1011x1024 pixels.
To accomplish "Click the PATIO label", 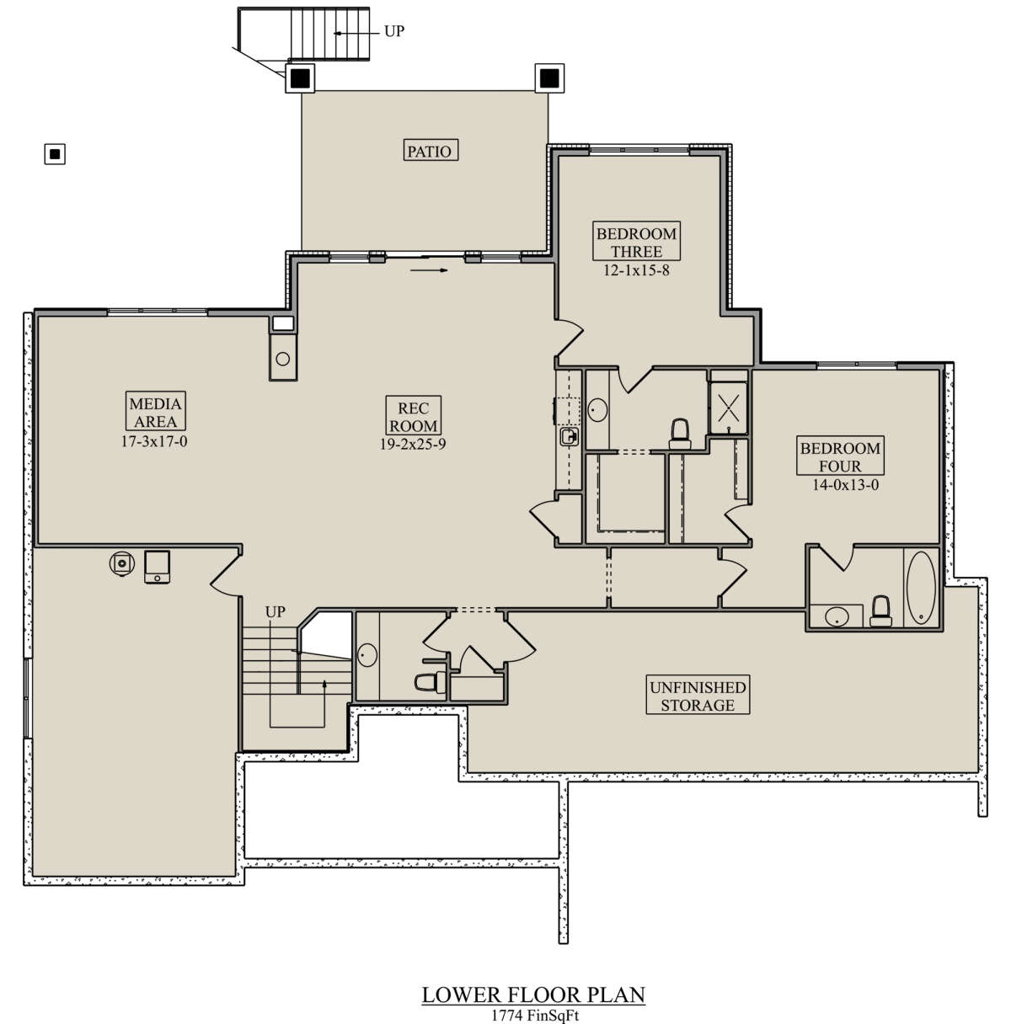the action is tap(431, 151).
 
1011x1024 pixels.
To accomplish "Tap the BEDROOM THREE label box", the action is tap(636, 241).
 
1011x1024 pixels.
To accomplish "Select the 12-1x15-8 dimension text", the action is tap(636, 270).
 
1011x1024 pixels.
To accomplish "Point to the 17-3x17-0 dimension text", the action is tap(154, 441).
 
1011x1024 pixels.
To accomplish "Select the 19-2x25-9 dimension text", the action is tap(413, 445).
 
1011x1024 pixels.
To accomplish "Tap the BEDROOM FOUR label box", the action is tap(840, 456).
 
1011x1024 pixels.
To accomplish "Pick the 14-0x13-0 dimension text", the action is tap(845, 485).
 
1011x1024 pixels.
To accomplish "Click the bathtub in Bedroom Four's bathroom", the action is tap(921, 588).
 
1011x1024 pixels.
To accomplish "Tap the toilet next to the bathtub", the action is tap(880, 611).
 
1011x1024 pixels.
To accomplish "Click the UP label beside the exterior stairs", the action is tap(394, 31).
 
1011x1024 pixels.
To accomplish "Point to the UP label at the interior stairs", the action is tap(275, 612).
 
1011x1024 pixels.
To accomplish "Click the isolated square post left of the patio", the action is tap(55, 155).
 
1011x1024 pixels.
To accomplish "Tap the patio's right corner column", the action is tap(549, 78).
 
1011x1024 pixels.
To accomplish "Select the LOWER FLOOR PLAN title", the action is tap(533, 995).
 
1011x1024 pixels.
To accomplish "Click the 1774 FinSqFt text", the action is tap(534, 1016).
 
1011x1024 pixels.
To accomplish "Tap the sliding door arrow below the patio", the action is tap(429, 270).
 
